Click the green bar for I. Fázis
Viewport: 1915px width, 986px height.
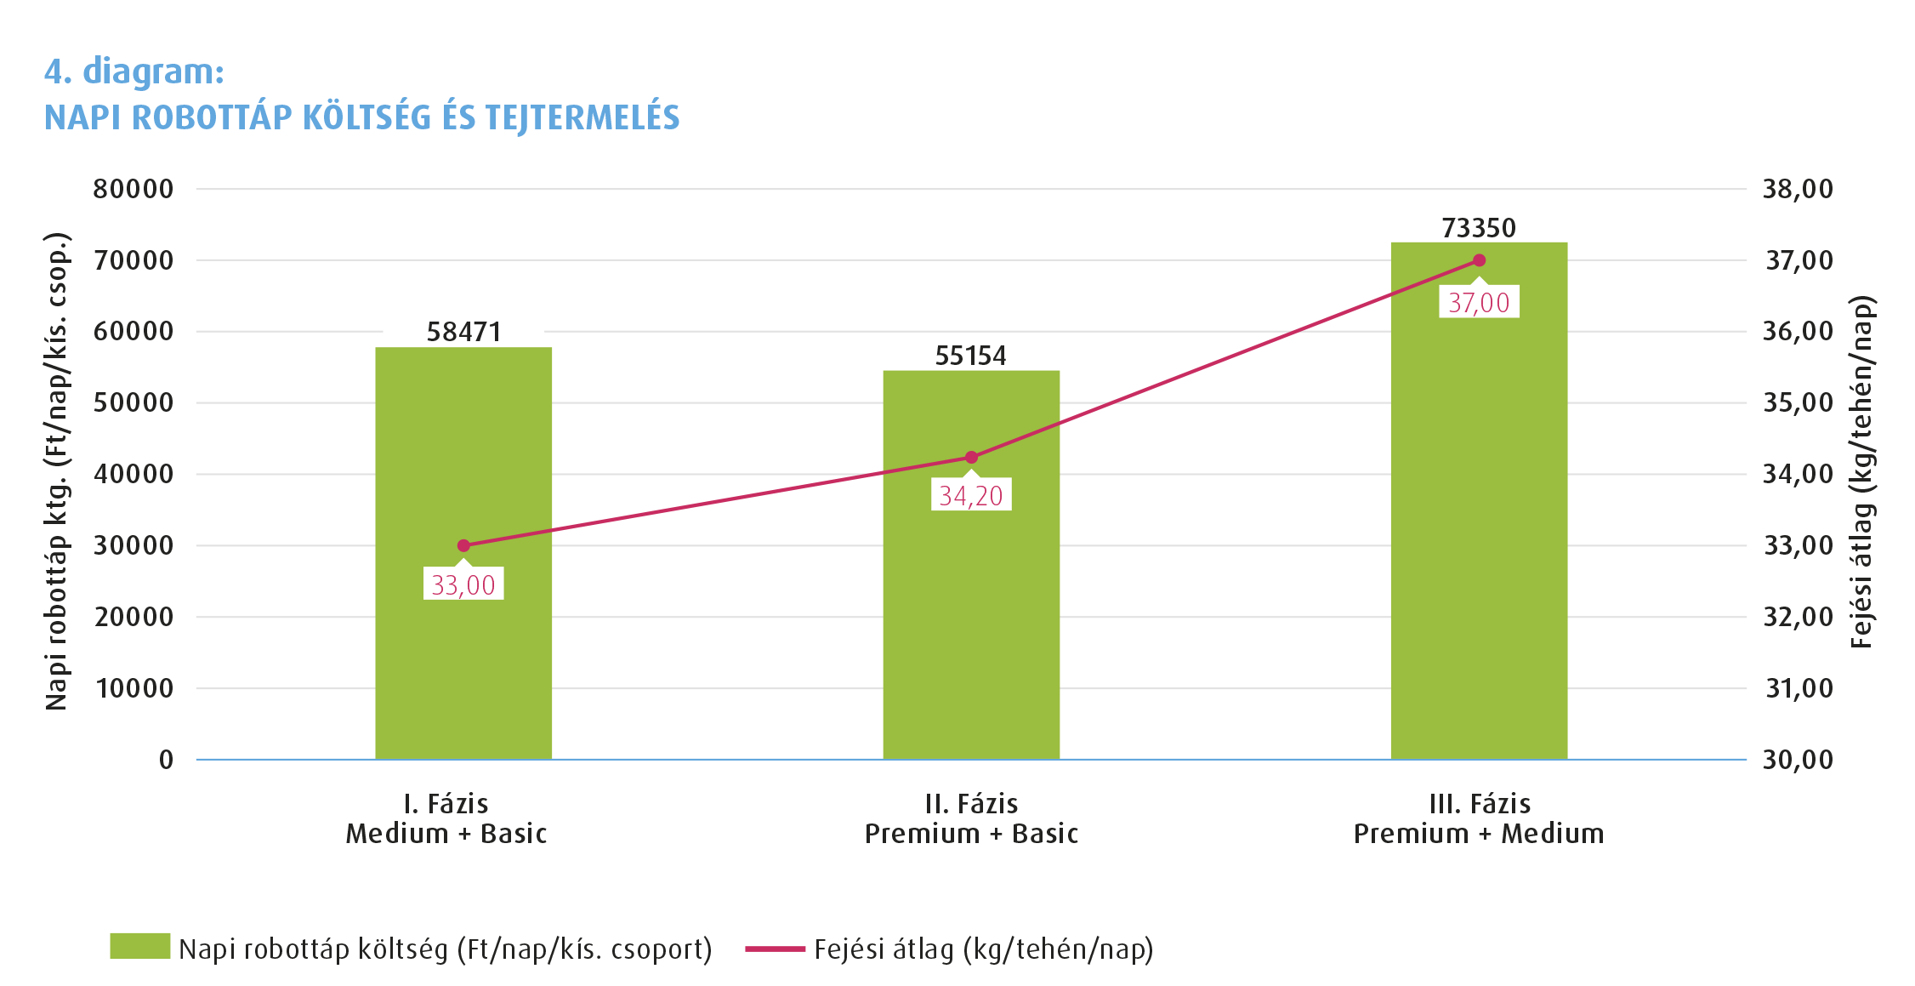tap(463, 664)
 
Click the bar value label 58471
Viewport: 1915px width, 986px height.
tap(463, 332)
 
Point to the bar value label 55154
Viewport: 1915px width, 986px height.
tap(970, 356)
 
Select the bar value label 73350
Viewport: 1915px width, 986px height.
tap(1479, 228)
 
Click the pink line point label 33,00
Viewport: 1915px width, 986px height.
tap(463, 584)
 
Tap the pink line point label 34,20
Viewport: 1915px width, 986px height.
tap(971, 495)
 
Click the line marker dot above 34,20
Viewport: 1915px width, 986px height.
tap(971, 458)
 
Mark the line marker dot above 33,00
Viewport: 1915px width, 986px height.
tap(463, 545)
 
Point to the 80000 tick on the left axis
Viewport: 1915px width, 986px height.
tap(134, 189)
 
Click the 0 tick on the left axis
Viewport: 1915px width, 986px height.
tap(166, 760)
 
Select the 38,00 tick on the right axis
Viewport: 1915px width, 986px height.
tap(1798, 189)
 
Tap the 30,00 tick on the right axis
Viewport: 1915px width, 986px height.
tap(1798, 760)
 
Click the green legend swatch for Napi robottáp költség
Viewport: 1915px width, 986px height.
tap(139, 946)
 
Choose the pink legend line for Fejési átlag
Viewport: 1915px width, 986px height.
tap(775, 949)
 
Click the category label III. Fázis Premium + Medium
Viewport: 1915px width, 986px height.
tap(1479, 818)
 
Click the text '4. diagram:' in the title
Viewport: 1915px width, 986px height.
tap(134, 71)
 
